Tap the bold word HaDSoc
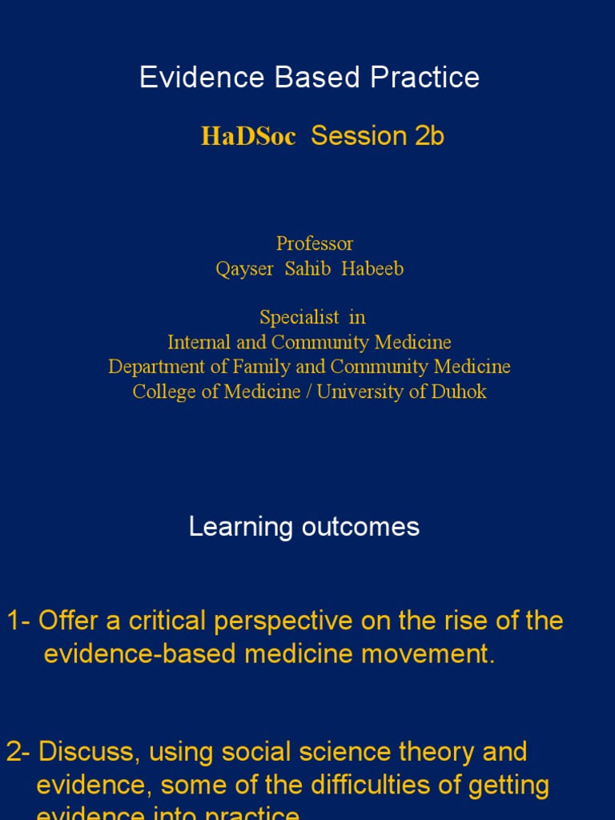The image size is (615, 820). click(x=248, y=136)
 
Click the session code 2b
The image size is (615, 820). click(x=429, y=136)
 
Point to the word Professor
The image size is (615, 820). click(x=315, y=243)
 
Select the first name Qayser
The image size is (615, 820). click(x=244, y=269)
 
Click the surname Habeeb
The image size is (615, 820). click(x=372, y=269)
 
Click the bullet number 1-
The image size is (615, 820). click(x=19, y=621)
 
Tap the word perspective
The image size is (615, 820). click(x=259, y=621)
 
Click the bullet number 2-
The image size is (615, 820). click(x=19, y=752)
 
